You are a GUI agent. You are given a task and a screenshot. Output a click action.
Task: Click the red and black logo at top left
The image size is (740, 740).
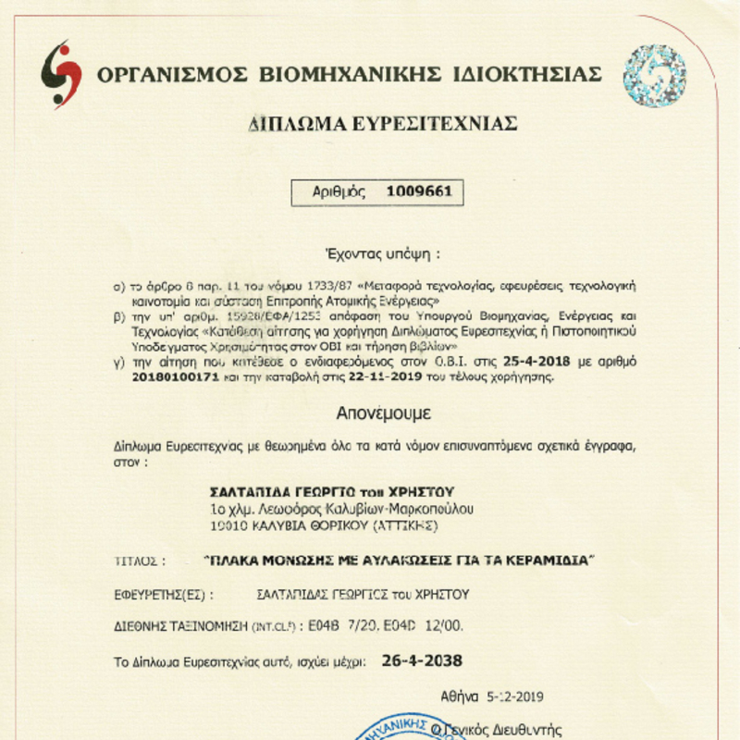pyautogui.click(x=61, y=74)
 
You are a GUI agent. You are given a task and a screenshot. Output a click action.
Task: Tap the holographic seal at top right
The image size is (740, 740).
pyautogui.click(x=655, y=75)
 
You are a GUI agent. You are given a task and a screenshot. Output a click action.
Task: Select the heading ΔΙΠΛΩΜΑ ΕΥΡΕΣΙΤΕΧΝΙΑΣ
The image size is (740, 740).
pyautogui.click(x=382, y=125)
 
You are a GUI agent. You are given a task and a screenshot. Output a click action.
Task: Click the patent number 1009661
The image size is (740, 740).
pyautogui.click(x=418, y=192)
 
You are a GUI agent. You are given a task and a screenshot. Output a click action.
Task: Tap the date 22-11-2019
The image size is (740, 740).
pyautogui.click(x=380, y=376)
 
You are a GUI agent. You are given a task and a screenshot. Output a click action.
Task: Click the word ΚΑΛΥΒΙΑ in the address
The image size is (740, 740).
pyautogui.click(x=280, y=525)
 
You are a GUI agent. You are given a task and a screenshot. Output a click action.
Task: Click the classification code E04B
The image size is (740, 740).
pyautogui.click(x=332, y=627)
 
